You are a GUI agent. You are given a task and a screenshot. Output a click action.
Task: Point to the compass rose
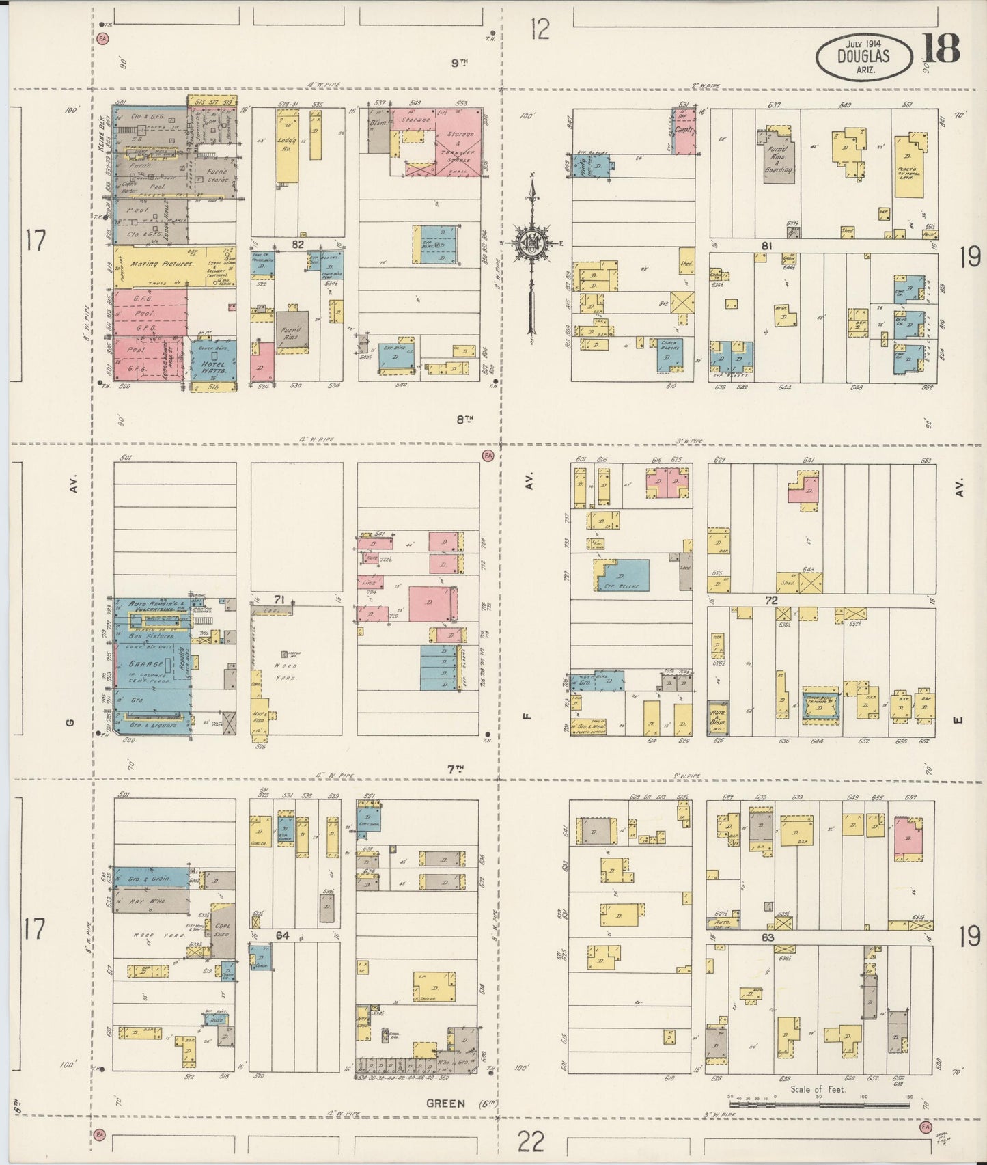(x=531, y=243)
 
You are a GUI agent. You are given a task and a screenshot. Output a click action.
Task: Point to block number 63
(x=768, y=937)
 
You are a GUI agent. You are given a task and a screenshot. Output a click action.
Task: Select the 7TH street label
(x=456, y=769)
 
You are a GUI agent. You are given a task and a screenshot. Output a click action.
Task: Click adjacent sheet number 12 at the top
(x=540, y=30)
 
